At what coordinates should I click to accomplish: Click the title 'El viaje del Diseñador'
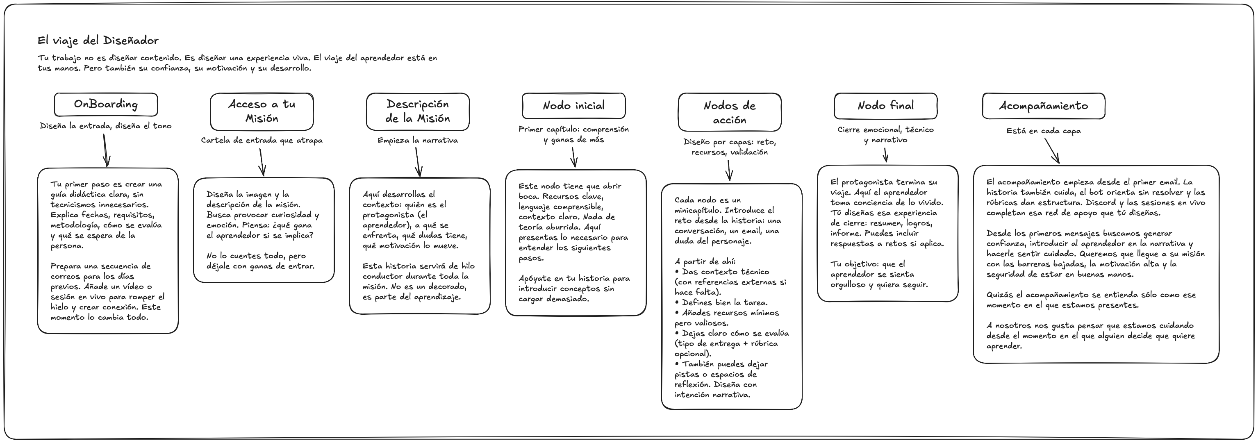tap(98, 41)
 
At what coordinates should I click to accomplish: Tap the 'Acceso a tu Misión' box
tap(262, 111)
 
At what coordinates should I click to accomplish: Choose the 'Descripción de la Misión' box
tap(418, 111)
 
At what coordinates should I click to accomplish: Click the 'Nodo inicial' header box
tap(573, 105)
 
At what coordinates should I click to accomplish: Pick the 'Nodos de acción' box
tap(729, 112)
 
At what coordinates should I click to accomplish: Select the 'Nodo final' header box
tap(885, 105)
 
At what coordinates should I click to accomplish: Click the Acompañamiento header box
tap(1043, 105)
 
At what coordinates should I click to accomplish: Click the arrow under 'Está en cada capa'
tap(1051, 150)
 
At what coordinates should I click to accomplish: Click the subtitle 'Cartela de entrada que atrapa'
tap(262, 141)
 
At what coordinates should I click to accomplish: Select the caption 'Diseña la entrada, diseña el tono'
tap(105, 126)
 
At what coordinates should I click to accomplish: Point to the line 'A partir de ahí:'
tap(705, 262)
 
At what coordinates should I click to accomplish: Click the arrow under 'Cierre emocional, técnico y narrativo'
tap(885, 155)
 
